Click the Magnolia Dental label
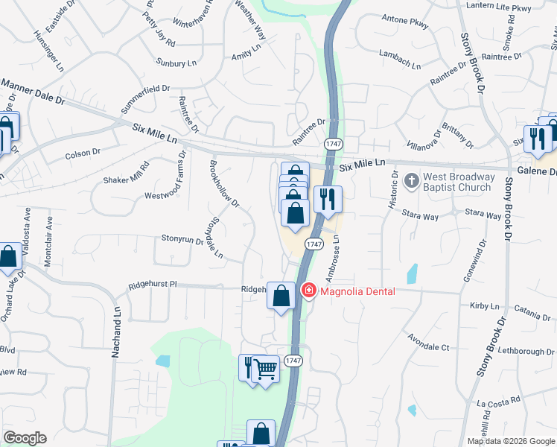click(357, 291)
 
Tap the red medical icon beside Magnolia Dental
click(309, 291)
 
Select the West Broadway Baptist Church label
click(459, 182)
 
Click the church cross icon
click(411, 181)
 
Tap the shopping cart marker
click(266, 369)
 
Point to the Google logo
click(25, 438)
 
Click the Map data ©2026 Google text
click(511, 441)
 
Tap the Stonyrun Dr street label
click(182, 238)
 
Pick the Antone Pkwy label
click(404, 22)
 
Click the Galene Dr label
click(542, 172)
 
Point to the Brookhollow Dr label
click(224, 182)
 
